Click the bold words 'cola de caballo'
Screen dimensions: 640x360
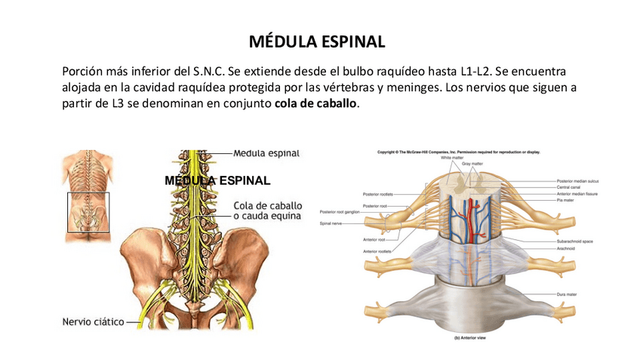[x=315, y=103]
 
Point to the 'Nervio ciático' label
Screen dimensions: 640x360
[x=92, y=322]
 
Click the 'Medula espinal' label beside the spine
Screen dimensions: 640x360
[x=266, y=153]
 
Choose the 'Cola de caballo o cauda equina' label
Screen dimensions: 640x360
[x=267, y=211]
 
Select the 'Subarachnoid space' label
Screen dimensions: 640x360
[x=574, y=241]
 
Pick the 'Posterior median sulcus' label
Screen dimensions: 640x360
[x=577, y=181]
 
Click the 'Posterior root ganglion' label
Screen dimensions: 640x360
[x=339, y=212]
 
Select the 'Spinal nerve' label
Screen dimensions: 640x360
[x=331, y=223]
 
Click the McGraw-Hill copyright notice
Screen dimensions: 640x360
[x=459, y=152]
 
